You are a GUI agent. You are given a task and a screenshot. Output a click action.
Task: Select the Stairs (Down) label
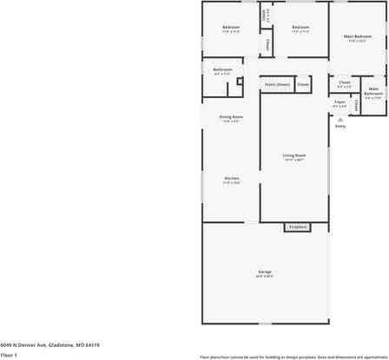277,84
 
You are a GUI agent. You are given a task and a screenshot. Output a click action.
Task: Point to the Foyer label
340,101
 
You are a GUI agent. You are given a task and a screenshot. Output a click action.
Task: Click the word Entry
340,126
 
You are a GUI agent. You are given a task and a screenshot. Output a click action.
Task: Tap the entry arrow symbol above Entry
340,118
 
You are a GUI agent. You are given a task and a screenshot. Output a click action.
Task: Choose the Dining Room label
230,116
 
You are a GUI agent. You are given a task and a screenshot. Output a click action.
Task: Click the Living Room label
293,155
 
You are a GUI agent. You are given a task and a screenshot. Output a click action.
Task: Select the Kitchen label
231,178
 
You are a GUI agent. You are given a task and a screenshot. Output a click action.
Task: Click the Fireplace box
298,227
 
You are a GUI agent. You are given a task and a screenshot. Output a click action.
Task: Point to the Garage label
265,272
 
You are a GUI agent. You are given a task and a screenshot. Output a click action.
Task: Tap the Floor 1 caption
10,355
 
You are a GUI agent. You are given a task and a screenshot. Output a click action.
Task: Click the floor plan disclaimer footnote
293,357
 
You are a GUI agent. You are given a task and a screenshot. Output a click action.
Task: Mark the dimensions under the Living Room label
293,160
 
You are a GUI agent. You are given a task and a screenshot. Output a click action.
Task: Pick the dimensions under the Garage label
265,276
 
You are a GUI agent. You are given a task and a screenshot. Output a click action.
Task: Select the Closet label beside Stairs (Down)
303,84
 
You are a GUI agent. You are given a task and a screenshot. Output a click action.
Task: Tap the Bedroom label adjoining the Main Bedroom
300,28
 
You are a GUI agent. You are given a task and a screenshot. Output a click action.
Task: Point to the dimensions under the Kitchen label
231,182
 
